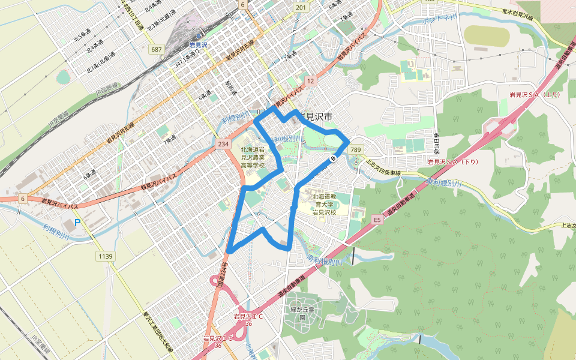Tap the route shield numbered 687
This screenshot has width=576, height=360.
(x=157, y=49)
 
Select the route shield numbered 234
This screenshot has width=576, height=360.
(x=224, y=144)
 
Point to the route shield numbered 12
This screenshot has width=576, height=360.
(x=310, y=80)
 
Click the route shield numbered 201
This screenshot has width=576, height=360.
(x=301, y=7)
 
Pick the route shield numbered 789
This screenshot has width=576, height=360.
(x=356, y=149)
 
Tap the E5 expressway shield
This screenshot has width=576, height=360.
(x=377, y=220)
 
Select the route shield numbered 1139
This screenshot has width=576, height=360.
(x=105, y=256)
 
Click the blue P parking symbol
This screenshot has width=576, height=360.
(x=77, y=224)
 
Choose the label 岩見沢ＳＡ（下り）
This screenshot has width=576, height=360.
(x=452, y=162)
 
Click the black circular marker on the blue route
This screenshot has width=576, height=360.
(x=332, y=159)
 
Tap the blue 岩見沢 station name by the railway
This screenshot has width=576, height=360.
(x=197, y=45)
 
